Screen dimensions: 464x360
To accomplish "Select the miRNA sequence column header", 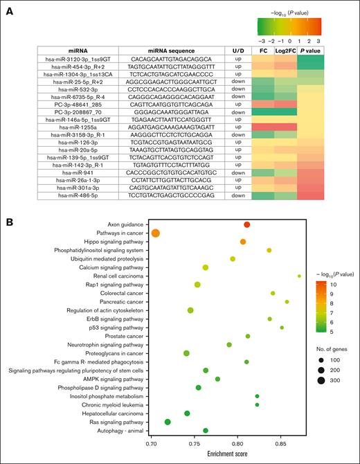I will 171,51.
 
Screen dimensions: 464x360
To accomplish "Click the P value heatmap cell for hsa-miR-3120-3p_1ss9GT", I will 313,60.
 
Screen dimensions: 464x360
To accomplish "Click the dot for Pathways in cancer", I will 156,233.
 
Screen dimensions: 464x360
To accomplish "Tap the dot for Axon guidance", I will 247,224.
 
